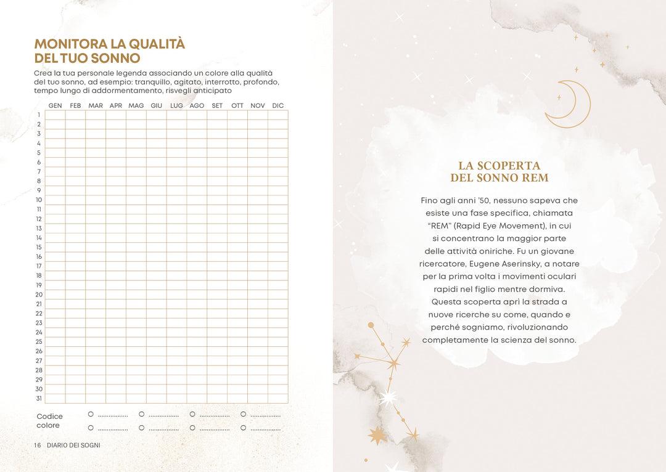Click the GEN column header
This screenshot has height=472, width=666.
(55, 106)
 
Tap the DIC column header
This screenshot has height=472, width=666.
(278, 106)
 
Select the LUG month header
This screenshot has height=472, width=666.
(176, 106)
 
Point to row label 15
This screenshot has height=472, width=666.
(39, 247)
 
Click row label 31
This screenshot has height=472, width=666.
(39, 399)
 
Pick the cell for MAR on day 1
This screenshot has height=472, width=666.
(96, 115)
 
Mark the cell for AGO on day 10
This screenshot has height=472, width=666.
(197, 200)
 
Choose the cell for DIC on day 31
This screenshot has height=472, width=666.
(278, 399)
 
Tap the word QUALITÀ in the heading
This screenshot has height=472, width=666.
(157, 44)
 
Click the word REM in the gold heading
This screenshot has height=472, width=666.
(536, 178)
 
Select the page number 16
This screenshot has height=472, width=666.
(38, 445)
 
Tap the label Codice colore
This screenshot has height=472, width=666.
(49, 421)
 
